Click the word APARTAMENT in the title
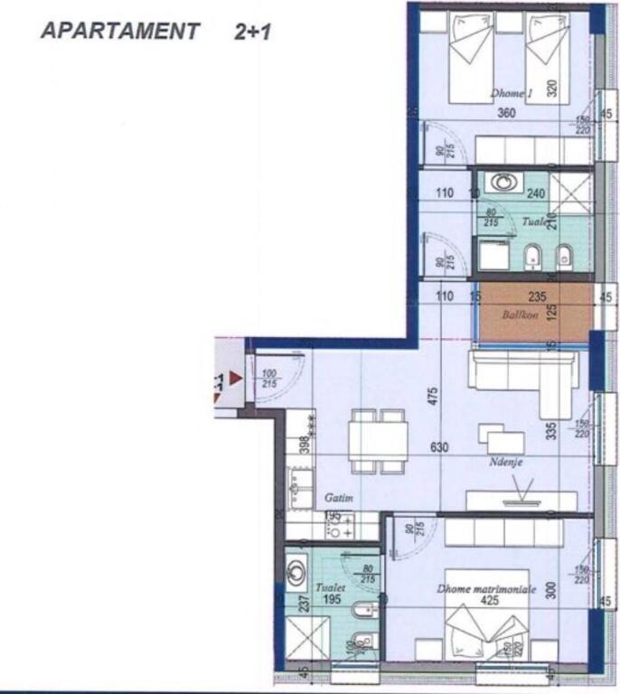point(119,31)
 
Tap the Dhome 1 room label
point(512,93)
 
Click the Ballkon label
point(521,316)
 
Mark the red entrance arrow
point(236,380)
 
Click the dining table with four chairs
point(379,440)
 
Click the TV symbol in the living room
point(521,496)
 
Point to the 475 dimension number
point(433,397)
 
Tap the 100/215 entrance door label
point(269,379)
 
